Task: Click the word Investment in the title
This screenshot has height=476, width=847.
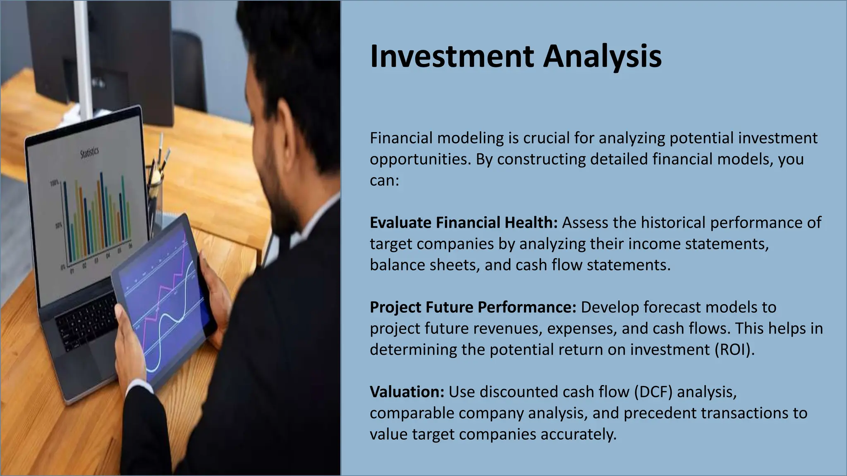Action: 452,56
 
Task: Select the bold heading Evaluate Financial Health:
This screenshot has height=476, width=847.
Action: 463,223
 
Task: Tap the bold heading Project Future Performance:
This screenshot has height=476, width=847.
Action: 473,307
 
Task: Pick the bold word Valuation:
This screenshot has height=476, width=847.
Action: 407,392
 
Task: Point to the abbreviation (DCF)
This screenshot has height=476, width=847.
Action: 653,392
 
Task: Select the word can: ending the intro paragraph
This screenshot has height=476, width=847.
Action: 384,181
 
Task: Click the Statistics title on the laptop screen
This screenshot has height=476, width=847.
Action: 89,153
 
